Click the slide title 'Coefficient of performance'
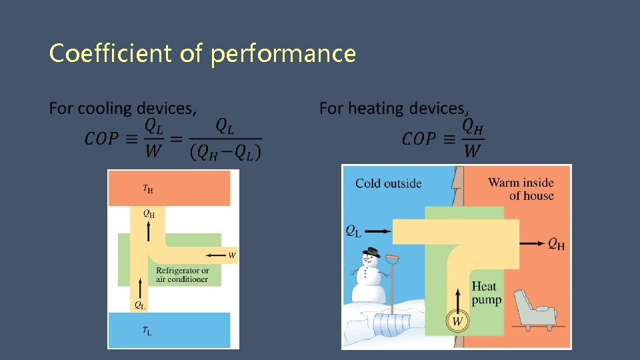(x=202, y=53)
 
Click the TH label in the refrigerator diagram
(x=147, y=189)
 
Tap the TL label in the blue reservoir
(x=147, y=330)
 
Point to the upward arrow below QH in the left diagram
(x=148, y=231)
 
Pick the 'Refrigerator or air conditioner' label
(x=182, y=275)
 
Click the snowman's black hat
(x=371, y=253)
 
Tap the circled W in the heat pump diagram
(x=457, y=322)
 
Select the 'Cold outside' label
(x=388, y=183)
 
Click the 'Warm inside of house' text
(x=521, y=189)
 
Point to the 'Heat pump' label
(x=486, y=293)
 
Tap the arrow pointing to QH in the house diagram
(x=531, y=244)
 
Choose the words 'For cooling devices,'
(x=123, y=108)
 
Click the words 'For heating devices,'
(x=394, y=108)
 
